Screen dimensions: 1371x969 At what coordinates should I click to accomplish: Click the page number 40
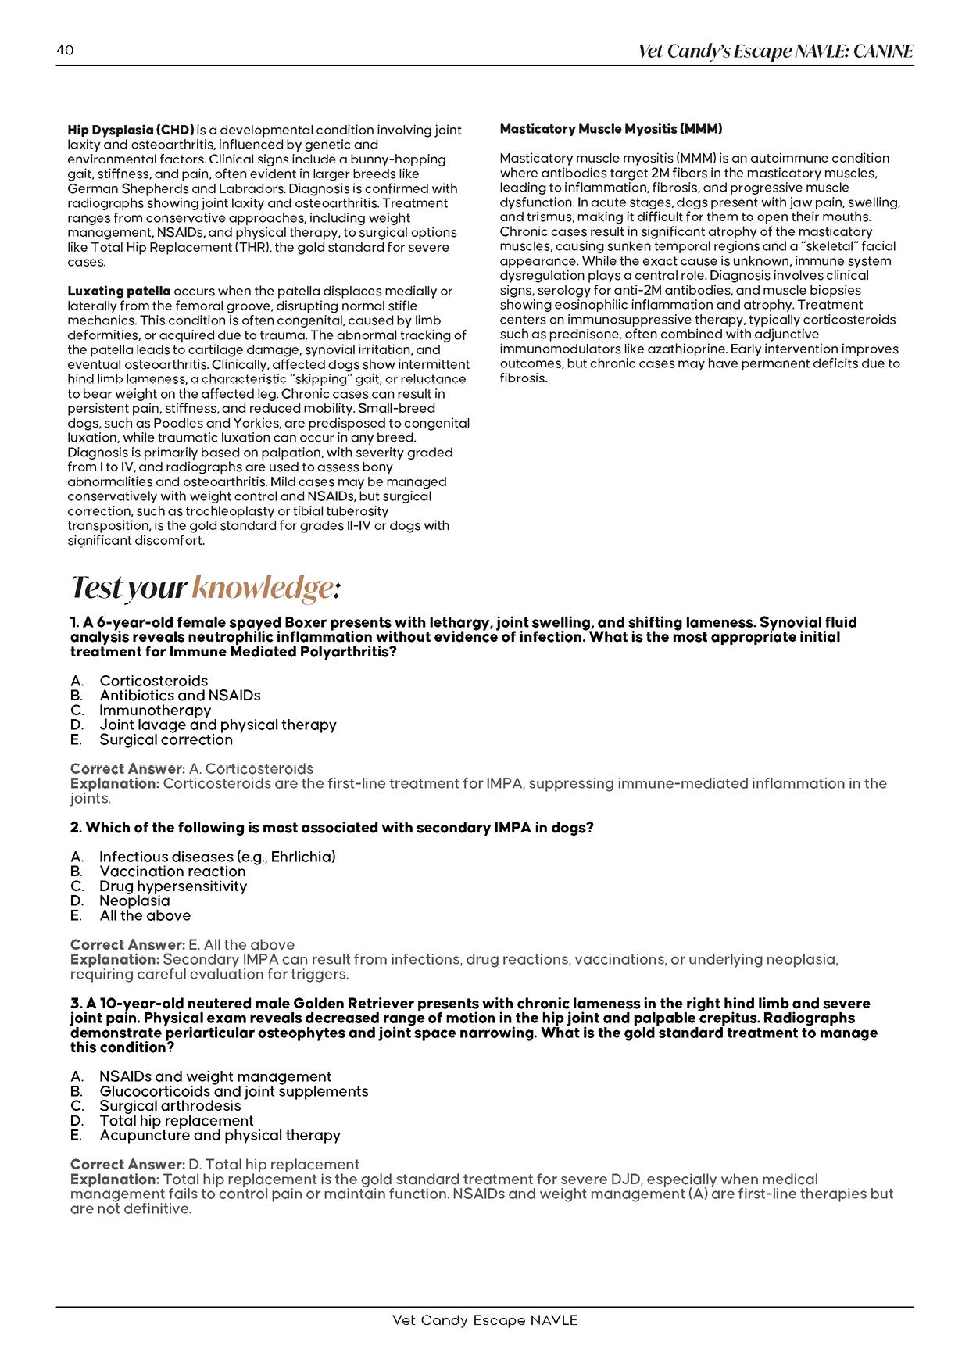pos(65,50)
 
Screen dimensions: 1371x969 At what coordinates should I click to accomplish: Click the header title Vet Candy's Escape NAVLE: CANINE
pos(775,52)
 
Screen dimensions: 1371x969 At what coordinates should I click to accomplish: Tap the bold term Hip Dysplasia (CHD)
pos(131,130)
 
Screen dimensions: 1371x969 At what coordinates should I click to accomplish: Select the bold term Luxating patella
pos(119,291)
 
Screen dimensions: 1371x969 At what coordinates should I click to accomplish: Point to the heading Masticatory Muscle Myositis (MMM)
pos(610,129)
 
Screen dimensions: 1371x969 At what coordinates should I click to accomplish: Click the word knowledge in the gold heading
pos(263,587)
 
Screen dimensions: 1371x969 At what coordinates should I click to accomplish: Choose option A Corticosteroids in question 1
pos(153,681)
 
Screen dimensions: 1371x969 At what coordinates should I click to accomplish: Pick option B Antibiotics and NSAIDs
pos(180,696)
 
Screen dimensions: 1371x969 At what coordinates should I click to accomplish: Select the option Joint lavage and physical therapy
pos(217,725)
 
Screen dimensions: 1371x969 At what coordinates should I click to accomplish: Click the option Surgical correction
pos(166,739)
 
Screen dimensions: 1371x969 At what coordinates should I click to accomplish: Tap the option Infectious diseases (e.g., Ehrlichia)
pos(217,857)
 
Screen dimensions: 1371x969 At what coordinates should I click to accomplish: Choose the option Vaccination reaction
pos(172,872)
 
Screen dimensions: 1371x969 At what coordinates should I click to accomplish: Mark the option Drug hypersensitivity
pos(173,886)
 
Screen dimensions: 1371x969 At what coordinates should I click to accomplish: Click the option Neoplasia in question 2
pos(134,900)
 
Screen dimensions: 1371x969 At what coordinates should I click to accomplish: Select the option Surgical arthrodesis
pos(170,1106)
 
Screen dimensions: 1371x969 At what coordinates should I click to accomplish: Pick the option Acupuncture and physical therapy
pos(220,1135)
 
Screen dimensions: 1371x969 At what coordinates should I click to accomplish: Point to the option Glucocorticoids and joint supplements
pos(234,1091)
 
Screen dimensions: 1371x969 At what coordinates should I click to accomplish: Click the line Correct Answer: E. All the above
pos(182,945)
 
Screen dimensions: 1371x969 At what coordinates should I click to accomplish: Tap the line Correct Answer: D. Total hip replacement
pos(215,1165)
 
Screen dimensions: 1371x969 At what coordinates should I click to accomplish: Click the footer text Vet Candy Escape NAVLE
pos(484,1320)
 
